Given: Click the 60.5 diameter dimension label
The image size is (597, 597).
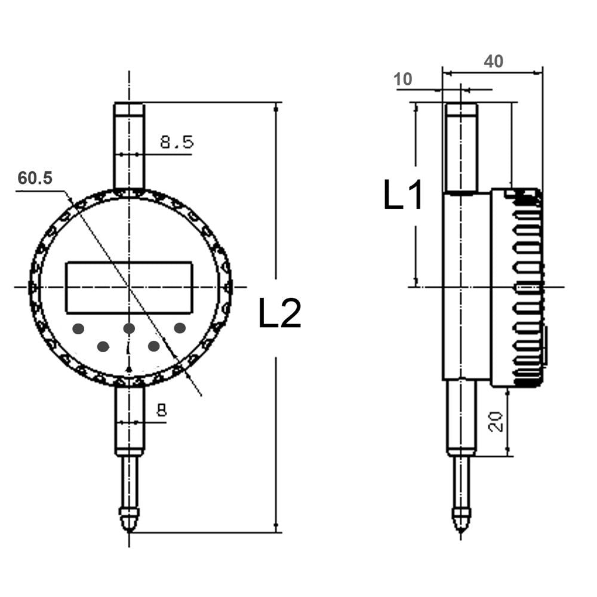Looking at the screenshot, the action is pyautogui.click(x=35, y=178).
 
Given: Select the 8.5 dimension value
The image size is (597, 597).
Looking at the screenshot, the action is pyautogui.click(x=177, y=142).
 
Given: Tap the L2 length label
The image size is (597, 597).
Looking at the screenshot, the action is pyautogui.click(x=280, y=313).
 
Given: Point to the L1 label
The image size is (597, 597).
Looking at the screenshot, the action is pyautogui.click(x=403, y=195).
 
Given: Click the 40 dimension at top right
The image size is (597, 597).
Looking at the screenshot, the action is pyautogui.click(x=494, y=61).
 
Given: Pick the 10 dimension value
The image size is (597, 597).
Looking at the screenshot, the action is pyautogui.click(x=403, y=79).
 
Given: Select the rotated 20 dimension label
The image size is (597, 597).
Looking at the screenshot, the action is pyautogui.click(x=496, y=421).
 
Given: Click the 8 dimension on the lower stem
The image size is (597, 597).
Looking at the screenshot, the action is pyautogui.click(x=162, y=410).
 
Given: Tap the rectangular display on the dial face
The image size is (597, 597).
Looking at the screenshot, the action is pyautogui.click(x=130, y=288).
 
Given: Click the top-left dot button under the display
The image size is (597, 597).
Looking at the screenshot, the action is pyautogui.click(x=78, y=328).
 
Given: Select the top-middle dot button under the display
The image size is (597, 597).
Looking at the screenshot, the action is pyautogui.click(x=129, y=328).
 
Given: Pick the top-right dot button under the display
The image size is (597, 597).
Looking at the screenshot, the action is pyautogui.click(x=180, y=327).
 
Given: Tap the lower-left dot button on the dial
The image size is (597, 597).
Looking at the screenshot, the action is pyautogui.click(x=103, y=346).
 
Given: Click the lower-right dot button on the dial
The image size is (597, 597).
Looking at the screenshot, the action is pyautogui.click(x=154, y=346).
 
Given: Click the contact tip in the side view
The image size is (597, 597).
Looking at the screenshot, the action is pyautogui.click(x=461, y=520).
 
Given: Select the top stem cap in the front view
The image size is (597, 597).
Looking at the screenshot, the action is pyautogui.click(x=129, y=110).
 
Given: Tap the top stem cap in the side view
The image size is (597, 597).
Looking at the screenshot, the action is pyautogui.click(x=461, y=110).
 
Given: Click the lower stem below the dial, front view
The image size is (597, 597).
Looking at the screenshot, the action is pyautogui.click(x=130, y=420).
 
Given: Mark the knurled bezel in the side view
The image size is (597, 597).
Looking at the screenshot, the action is pyautogui.click(x=527, y=288).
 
